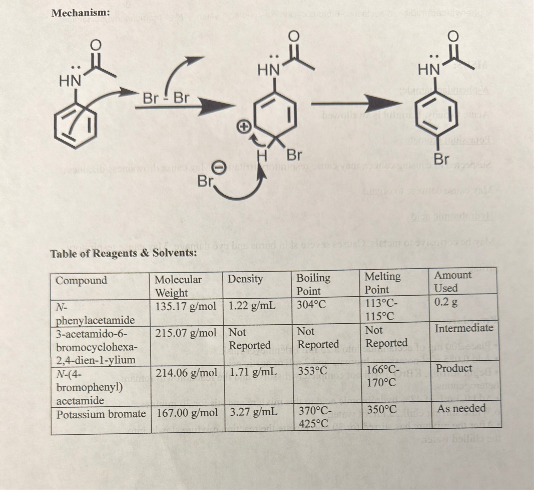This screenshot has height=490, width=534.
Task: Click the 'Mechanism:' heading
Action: pos(80,13)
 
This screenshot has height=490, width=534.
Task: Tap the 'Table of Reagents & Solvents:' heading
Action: pos(124,253)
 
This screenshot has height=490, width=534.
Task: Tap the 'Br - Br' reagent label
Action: pos(166,99)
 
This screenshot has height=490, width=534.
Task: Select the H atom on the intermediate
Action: pos(262,155)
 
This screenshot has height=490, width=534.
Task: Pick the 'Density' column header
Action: pos(245,279)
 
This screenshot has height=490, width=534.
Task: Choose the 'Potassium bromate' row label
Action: pos(101,414)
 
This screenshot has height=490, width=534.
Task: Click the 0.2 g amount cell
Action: pos(446,302)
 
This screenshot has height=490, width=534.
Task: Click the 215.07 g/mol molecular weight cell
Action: pos(186,333)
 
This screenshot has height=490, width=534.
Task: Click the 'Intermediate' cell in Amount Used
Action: pos(464,328)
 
